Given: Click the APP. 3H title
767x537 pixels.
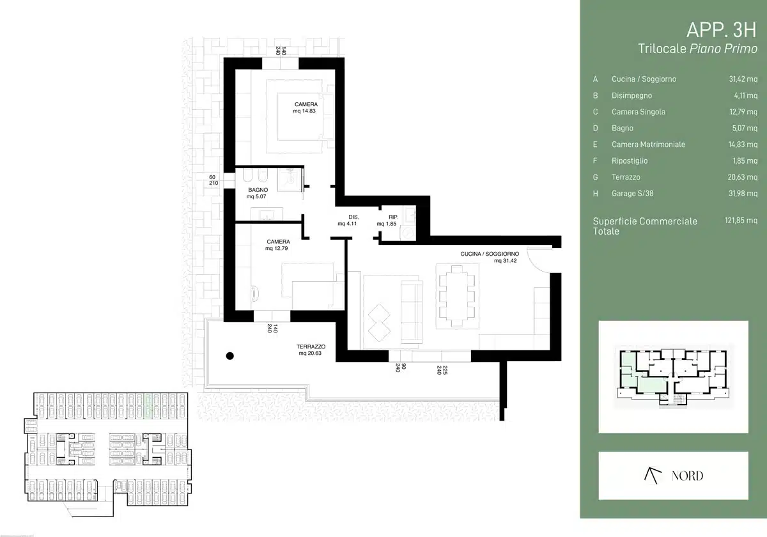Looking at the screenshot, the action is (x=722, y=30).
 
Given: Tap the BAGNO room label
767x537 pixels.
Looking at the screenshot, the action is (x=258, y=190).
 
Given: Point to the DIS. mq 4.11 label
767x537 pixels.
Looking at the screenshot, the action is (x=348, y=220).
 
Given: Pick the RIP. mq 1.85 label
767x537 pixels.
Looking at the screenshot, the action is (x=387, y=220).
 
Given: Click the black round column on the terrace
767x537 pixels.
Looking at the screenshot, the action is (x=230, y=356).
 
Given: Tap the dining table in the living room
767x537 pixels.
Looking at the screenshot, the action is (x=457, y=295).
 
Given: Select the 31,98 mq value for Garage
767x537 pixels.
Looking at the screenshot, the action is (x=743, y=194).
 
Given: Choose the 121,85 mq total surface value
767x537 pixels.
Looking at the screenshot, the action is (x=741, y=220).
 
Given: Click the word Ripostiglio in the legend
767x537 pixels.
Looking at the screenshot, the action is (x=630, y=160).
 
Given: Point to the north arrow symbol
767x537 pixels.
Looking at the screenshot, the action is (x=653, y=476).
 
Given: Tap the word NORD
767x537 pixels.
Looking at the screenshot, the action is (x=687, y=476).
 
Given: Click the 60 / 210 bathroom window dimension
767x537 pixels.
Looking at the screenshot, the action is (x=213, y=180).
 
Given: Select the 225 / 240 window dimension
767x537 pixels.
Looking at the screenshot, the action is (x=442, y=370).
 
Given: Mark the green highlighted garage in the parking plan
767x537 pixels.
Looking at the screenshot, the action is (x=148, y=406).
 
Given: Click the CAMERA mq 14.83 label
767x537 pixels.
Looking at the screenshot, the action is (x=305, y=107).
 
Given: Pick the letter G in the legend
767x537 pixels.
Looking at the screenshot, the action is (x=596, y=177).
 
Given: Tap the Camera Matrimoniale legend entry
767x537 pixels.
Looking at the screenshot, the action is (x=648, y=144).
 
